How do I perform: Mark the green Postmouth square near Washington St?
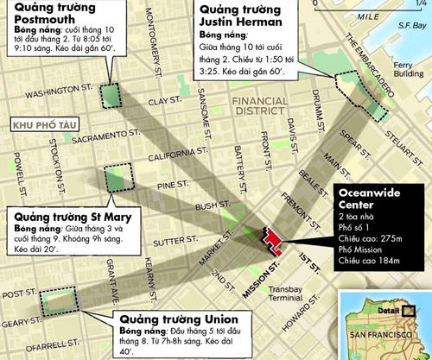click(110, 95)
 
